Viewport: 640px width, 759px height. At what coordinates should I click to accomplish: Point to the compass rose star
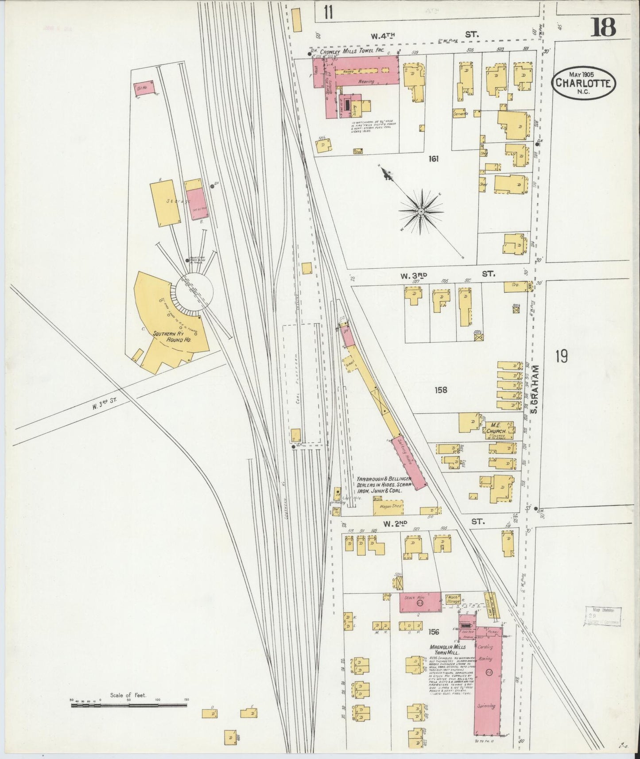pyautogui.click(x=420, y=213)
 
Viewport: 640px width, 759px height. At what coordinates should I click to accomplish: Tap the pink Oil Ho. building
pyautogui.click(x=144, y=88)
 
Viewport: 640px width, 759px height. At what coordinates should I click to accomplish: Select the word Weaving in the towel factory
pyautogui.click(x=366, y=81)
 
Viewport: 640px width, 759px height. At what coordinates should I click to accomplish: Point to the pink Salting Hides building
pyautogui.click(x=409, y=463)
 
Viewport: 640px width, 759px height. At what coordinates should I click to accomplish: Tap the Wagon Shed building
pyautogui.click(x=390, y=506)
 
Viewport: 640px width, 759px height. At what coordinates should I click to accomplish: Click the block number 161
pyautogui.click(x=433, y=158)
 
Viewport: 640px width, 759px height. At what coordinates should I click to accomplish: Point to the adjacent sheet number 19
pyautogui.click(x=561, y=356)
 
